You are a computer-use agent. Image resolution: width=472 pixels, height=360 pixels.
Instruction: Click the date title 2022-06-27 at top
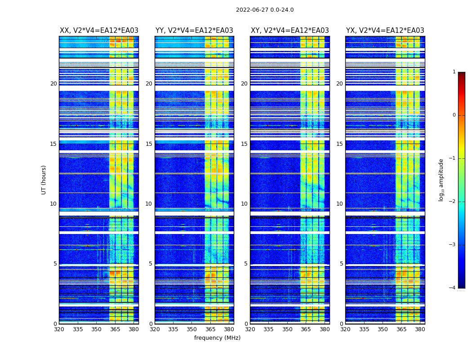(265, 10)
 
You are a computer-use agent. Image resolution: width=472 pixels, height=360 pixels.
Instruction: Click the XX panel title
(99, 31)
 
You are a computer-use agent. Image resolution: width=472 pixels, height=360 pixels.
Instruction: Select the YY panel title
(194, 31)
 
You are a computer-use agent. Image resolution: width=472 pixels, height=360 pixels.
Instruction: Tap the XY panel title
(289, 31)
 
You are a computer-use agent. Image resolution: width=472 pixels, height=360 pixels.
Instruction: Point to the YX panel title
(385, 31)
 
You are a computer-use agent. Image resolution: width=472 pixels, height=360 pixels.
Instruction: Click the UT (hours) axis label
(44, 180)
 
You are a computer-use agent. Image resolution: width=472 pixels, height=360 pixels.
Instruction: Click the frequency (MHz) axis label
(217, 338)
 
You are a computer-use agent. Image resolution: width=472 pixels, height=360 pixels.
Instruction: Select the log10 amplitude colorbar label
(441, 180)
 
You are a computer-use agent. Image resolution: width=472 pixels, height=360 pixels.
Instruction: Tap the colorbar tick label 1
(454, 72)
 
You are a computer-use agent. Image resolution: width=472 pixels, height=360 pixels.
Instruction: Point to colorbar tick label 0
(454, 115)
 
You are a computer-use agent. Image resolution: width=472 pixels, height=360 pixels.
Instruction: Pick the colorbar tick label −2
(453, 202)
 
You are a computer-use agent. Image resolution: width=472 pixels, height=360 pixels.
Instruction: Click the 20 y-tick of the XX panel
(53, 84)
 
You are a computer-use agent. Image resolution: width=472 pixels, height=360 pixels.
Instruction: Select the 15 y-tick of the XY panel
(244, 144)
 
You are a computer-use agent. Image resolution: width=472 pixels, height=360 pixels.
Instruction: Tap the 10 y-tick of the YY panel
(149, 204)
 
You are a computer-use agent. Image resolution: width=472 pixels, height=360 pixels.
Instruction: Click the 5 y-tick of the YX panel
(342, 264)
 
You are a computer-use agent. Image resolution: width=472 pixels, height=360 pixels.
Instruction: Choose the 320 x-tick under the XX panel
(59, 329)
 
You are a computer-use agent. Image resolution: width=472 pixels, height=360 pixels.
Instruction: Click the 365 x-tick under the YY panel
(210, 329)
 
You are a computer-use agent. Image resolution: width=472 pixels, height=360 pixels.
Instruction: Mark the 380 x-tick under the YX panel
(420, 329)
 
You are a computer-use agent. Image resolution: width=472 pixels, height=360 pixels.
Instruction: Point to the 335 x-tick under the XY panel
(269, 329)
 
